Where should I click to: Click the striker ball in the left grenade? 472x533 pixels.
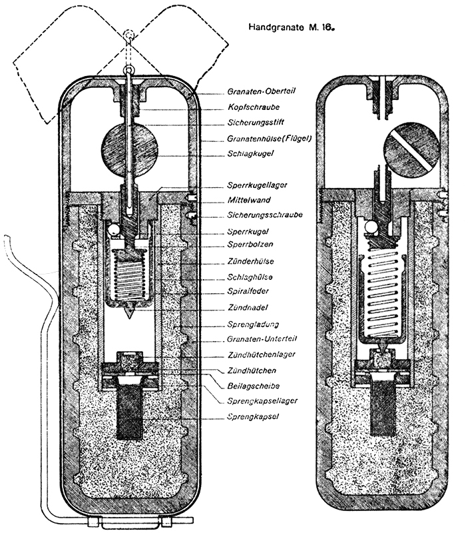tap(128, 148)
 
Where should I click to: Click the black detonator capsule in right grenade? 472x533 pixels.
tap(381, 410)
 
